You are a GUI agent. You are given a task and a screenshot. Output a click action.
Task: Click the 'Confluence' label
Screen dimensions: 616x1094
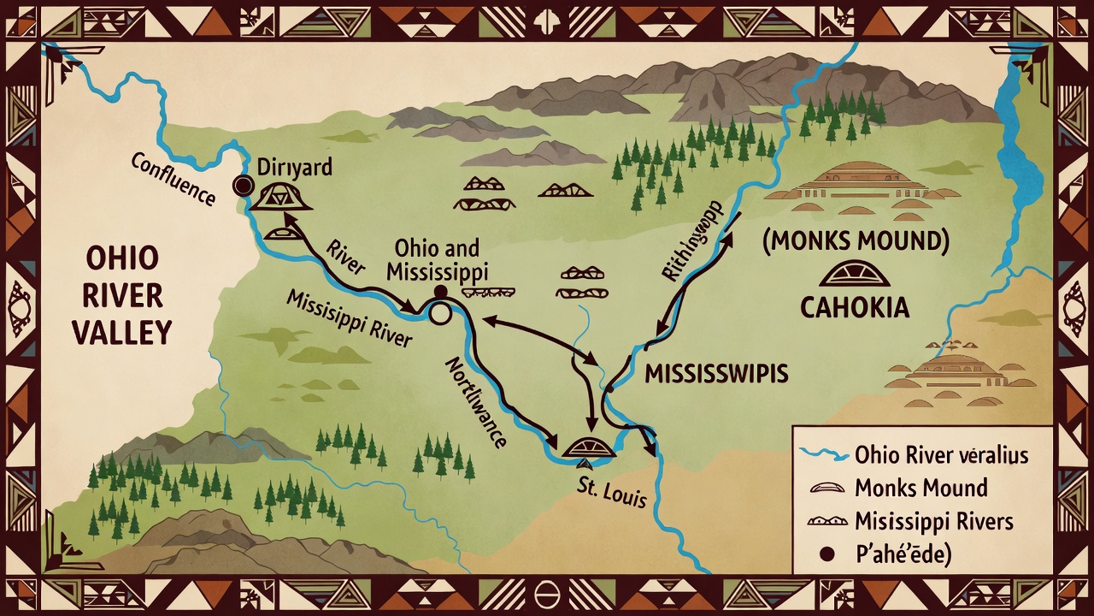pyautogui.click(x=173, y=180)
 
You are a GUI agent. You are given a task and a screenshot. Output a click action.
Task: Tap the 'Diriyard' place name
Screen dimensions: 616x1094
pyautogui.click(x=294, y=167)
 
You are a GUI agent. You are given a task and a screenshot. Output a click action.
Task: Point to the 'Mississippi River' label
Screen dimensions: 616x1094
pyautogui.click(x=349, y=318)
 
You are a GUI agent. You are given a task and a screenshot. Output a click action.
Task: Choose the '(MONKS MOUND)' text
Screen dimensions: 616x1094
pyautogui.click(x=856, y=241)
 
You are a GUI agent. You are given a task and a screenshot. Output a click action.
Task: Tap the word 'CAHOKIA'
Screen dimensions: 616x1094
pyautogui.click(x=855, y=307)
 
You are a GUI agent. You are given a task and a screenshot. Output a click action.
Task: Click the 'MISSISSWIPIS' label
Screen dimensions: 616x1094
pyautogui.click(x=716, y=374)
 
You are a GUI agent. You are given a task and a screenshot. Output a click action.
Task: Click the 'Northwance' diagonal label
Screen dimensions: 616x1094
pyautogui.click(x=475, y=403)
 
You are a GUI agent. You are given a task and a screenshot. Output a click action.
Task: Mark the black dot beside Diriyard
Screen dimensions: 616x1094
pyautogui.click(x=243, y=186)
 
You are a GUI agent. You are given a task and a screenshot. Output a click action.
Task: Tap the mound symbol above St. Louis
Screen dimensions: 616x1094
pyautogui.click(x=589, y=447)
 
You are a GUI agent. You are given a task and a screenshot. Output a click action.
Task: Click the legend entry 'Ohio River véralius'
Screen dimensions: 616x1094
pyautogui.click(x=941, y=455)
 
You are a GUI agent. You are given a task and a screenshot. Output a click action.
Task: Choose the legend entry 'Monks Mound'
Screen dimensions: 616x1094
pyautogui.click(x=920, y=488)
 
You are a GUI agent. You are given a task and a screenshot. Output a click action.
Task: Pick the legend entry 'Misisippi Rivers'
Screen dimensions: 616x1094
pyautogui.click(x=933, y=521)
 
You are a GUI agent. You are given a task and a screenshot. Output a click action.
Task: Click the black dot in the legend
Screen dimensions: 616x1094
pyautogui.click(x=826, y=554)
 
